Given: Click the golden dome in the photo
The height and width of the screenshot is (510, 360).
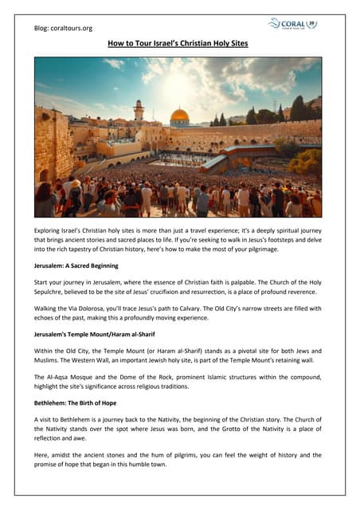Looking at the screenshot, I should click(180, 116).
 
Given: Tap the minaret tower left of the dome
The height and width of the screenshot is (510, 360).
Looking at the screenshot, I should click(139, 112).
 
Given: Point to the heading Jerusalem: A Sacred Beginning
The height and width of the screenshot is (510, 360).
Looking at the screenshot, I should click(76, 265).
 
